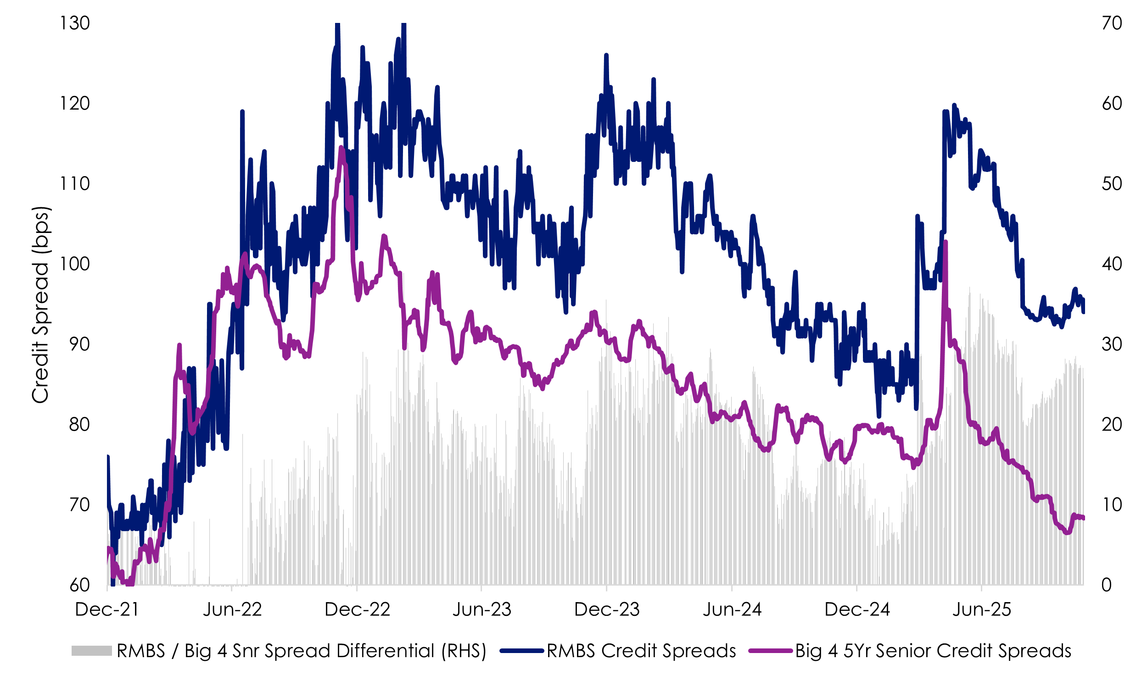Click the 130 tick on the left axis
[x=75, y=23]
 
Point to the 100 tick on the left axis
[x=75, y=264]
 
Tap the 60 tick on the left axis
[x=79, y=585]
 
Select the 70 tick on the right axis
[x=1112, y=23]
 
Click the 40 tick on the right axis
[x=1112, y=264]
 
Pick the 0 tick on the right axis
[x=1106, y=585]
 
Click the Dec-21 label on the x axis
[x=106, y=609]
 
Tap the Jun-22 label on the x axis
[x=232, y=609]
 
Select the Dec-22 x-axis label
[x=357, y=609]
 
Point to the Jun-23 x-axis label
[x=481, y=609]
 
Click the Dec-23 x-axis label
[x=607, y=609]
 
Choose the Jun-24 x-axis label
[x=732, y=609]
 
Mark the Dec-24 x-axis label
[x=857, y=609]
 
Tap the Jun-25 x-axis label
[x=982, y=609]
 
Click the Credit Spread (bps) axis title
[x=40, y=305]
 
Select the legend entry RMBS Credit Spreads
[x=641, y=651]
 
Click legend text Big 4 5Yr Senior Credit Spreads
[x=933, y=651]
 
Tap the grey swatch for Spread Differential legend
[x=91, y=651]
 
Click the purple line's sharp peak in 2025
[x=945, y=242]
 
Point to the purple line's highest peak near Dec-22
[x=341, y=148]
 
